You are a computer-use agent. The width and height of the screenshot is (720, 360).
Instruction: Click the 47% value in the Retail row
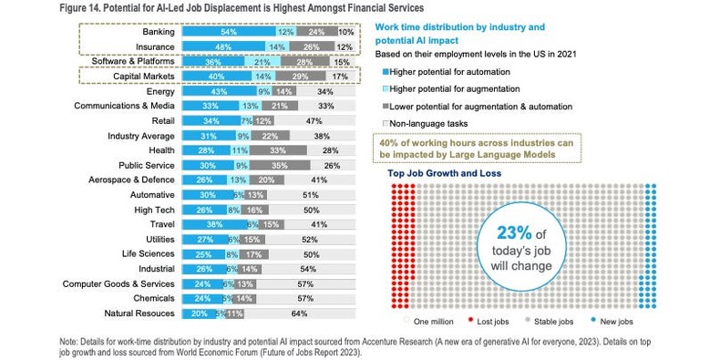pyautogui.click(x=314, y=121)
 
